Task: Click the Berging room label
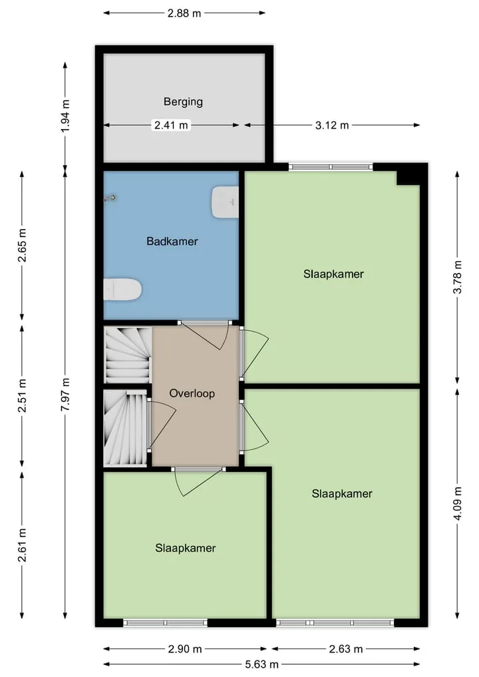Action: pyautogui.click(x=183, y=102)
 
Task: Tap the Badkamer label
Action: pyautogui.click(x=172, y=241)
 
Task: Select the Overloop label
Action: pyautogui.click(x=192, y=393)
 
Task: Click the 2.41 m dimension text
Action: pyautogui.click(x=172, y=125)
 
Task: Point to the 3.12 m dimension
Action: pyautogui.click(x=332, y=125)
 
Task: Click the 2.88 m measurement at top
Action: pyautogui.click(x=184, y=13)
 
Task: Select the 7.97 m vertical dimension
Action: pyautogui.click(x=65, y=395)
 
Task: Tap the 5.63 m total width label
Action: pyautogui.click(x=261, y=664)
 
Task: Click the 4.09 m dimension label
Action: pyautogui.click(x=458, y=503)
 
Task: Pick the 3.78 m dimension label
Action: pyautogui.click(x=458, y=277)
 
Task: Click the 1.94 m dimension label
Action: pyautogui.click(x=65, y=116)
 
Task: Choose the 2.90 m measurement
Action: pyautogui.click(x=185, y=648)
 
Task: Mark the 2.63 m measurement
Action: pyautogui.click(x=346, y=648)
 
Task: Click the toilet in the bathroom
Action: pyautogui.click(x=122, y=289)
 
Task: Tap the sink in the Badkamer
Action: pyautogui.click(x=226, y=202)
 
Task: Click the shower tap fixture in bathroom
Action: pyautogui.click(x=111, y=198)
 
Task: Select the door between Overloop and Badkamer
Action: pyautogui.click(x=205, y=334)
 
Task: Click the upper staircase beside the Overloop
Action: pyautogui.click(x=128, y=354)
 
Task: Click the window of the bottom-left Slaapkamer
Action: pyautogui.click(x=165, y=622)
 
